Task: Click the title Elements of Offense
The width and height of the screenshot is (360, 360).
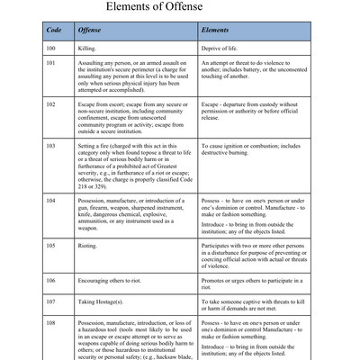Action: [180, 11]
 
